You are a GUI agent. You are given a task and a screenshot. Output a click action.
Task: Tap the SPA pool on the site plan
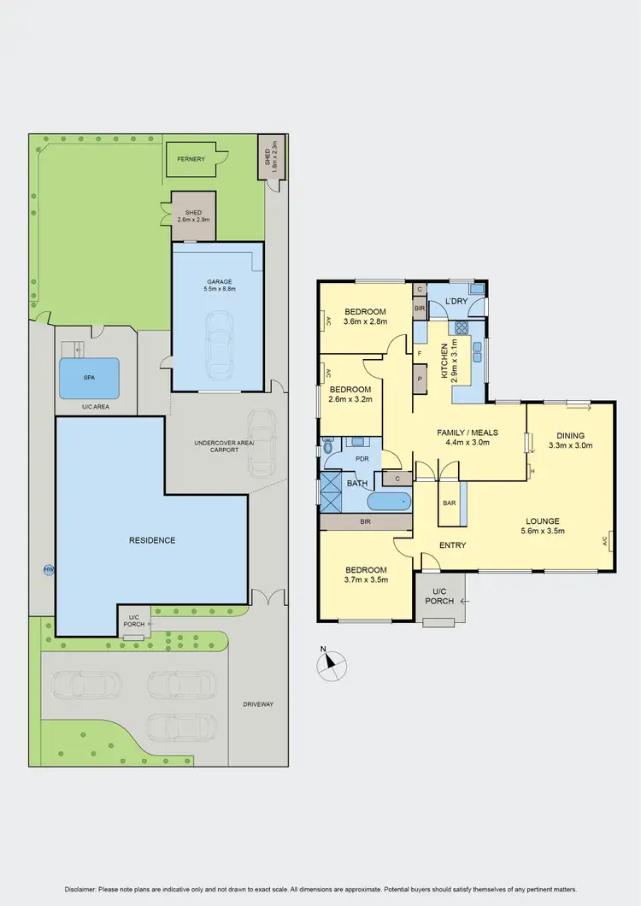tap(89, 378)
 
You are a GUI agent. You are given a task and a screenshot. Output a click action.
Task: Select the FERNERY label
tap(191, 159)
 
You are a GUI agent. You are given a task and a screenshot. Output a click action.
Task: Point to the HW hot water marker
tap(48, 570)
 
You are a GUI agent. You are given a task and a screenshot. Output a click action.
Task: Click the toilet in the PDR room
tap(327, 445)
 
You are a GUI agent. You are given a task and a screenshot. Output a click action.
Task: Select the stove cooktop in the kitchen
tap(462, 327)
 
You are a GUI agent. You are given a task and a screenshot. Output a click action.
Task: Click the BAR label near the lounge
tap(449, 503)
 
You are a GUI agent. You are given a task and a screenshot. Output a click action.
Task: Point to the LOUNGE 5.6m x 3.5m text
tap(542, 526)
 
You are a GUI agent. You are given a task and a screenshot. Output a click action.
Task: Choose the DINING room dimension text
tap(569, 444)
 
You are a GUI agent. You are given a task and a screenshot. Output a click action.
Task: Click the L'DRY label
tap(455, 302)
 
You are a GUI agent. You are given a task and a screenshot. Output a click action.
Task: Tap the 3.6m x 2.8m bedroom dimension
tap(364, 321)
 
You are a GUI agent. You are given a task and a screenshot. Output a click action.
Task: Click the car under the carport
tap(261, 443)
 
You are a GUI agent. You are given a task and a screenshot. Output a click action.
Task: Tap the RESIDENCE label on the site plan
tap(152, 540)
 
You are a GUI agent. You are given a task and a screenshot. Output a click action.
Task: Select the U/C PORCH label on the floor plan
tap(439, 595)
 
